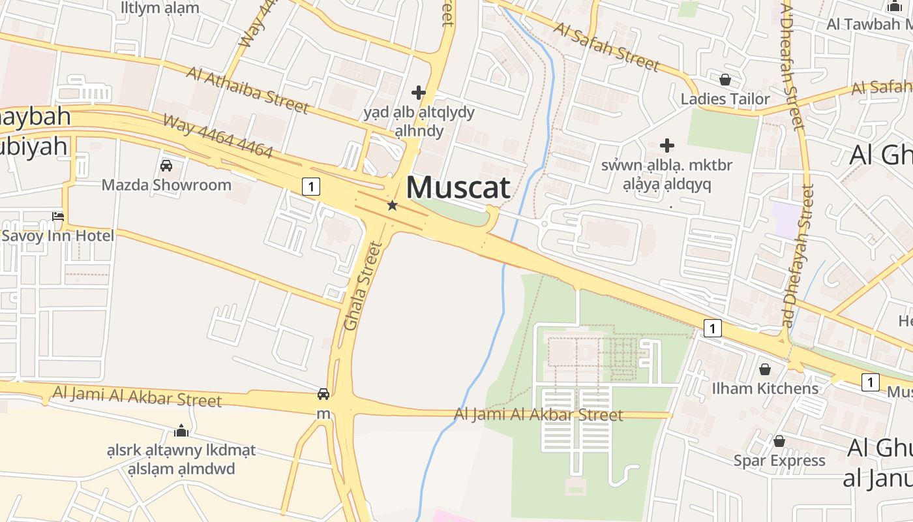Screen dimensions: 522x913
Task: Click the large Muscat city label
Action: tap(458, 187)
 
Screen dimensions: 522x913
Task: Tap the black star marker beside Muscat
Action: tap(392, 206)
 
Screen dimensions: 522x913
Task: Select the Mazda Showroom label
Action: tap(166, 185)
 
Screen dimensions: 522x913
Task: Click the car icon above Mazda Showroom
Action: tap(166, 166)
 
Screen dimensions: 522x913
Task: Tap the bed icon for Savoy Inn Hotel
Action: tap(58, 217)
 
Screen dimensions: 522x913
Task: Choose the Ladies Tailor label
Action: tap(725, 99)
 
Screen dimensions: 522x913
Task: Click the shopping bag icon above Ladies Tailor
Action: tap(725, 80)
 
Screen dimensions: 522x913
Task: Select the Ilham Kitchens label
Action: tap(765, 389)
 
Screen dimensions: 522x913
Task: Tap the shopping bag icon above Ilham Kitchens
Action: tap(765, 370)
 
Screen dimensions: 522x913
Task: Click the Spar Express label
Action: tap(779, 461)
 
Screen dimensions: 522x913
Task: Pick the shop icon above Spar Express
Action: tap(779, 442)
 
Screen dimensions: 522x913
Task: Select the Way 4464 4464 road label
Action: tap(217, 136)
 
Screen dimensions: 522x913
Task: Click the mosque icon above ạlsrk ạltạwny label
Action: tap(181, 431)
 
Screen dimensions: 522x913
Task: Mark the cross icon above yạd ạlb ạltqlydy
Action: tap(419, 93)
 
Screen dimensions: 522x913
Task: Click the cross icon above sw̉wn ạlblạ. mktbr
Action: tap(666, 145)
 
